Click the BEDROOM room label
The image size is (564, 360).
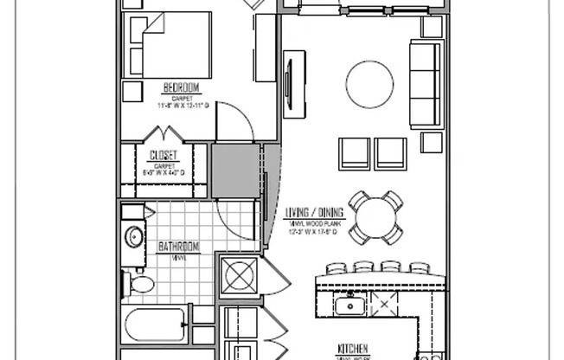(x=182, y=88)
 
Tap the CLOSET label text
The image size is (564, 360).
(x=163, y=156)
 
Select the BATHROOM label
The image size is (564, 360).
(x=179, y=247)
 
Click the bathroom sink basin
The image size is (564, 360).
(x=134, y=235)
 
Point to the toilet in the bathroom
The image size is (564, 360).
(x=138, y=282)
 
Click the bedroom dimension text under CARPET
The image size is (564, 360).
(x=183, y=106)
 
